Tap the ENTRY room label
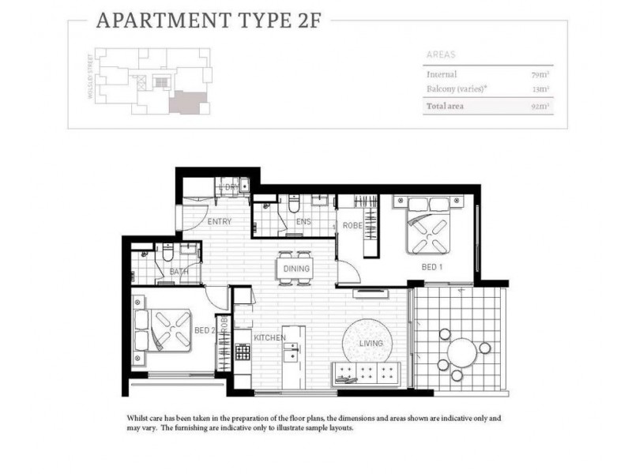click(219, 222)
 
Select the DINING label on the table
click(296, 269)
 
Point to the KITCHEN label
click(269, 338)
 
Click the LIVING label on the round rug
click(371, 343)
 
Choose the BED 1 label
click(431, 268)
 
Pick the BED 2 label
click(204, 330)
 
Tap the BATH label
click(178, 273)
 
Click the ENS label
click(303, 222)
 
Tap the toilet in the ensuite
click(292, 205)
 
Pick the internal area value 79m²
click(541, 75)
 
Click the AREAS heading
click(441, 55)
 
